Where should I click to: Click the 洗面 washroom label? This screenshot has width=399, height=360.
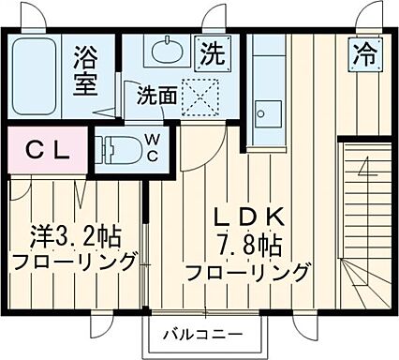click(x=155, y=95)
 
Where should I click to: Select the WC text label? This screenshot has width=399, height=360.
click(x=151, y=148)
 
